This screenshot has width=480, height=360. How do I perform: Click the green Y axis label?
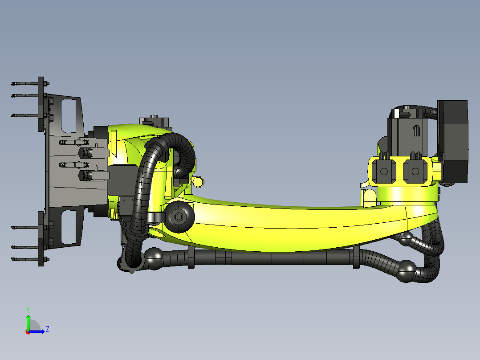tap(28, 309)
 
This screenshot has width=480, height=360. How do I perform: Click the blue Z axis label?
tap(47, 329)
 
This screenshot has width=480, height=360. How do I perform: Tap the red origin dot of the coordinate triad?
tap(28, 332)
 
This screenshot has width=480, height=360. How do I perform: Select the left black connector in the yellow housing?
tap(384, 171)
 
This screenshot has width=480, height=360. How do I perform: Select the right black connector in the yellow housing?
tap(416, 171)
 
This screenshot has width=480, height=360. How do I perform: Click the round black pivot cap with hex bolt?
tap(179, 217)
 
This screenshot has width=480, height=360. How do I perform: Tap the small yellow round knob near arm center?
tap(199, 181)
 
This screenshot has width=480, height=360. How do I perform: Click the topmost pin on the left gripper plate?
tap(27, 84)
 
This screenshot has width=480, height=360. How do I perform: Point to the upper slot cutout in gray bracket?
tap(69, 115)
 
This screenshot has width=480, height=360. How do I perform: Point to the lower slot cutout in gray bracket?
tap(69, 227)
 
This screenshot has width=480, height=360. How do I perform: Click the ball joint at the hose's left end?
tap(155, 258)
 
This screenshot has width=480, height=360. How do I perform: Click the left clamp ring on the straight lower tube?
tap(191, 257)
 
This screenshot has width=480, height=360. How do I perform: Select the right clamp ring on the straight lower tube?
tap(356, 257)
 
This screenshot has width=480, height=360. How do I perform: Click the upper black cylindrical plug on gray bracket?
tap(85, 153)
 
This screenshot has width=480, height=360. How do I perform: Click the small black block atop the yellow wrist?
tap(154, 121)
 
